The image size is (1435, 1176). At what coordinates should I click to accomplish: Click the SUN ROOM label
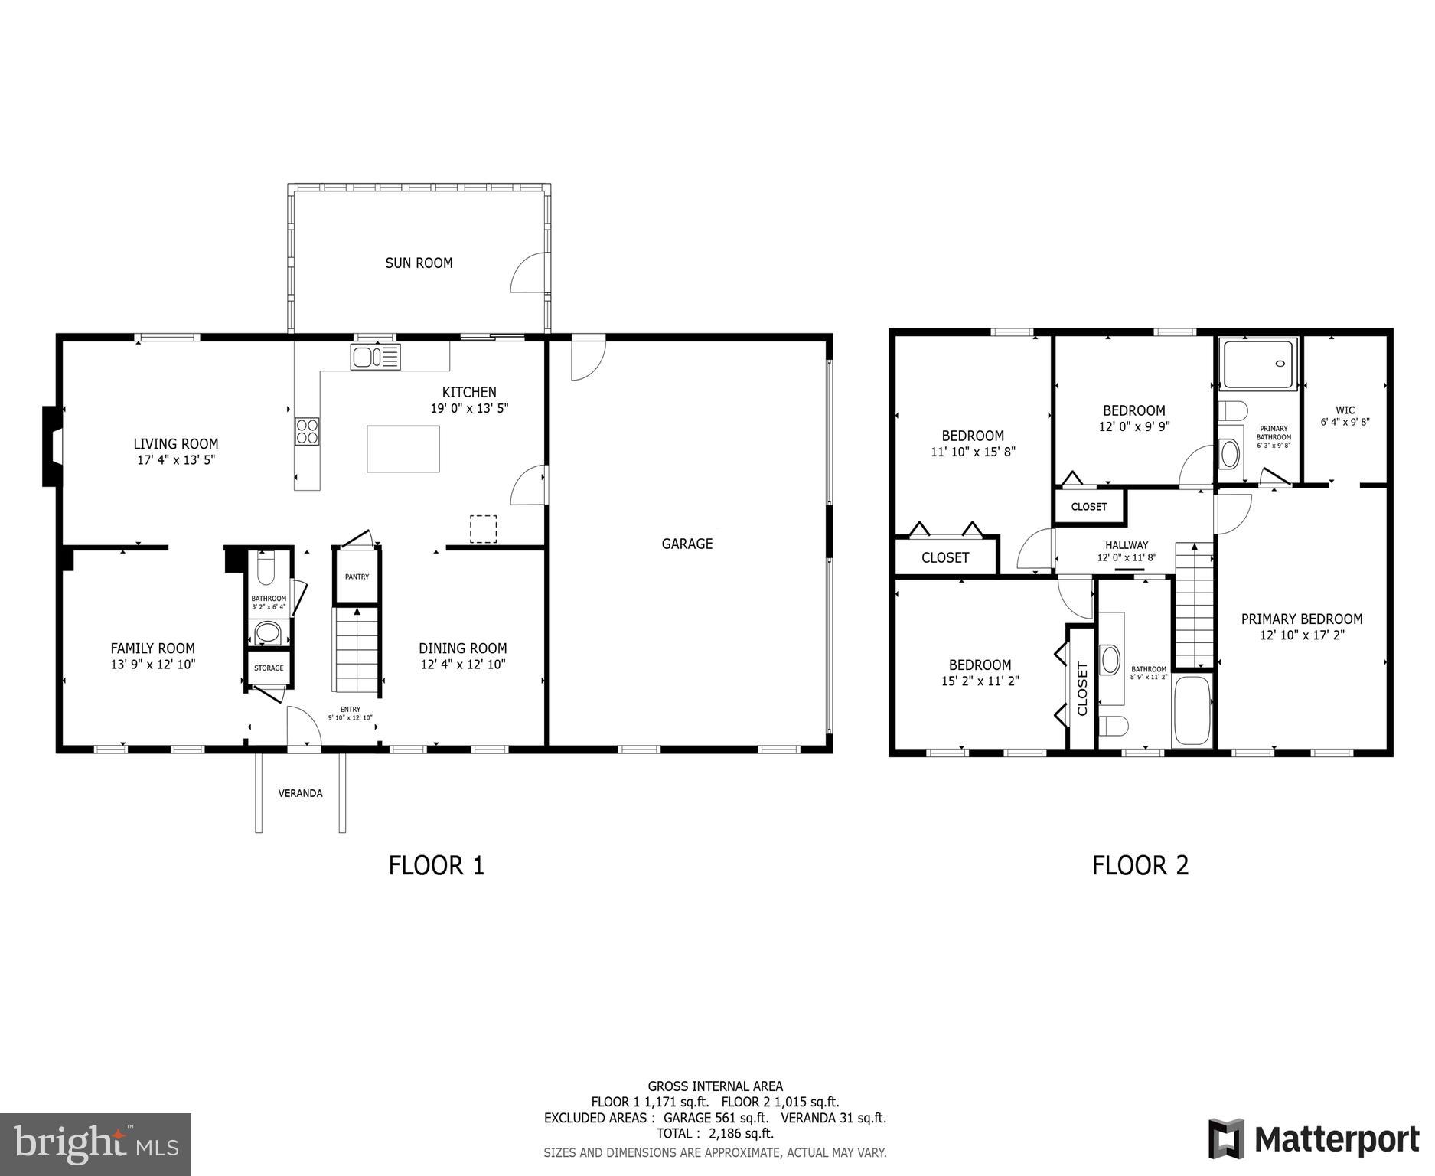(419, 263)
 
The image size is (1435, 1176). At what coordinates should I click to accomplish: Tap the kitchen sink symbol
(375, 357)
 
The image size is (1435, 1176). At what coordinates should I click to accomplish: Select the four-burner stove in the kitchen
(308, 431)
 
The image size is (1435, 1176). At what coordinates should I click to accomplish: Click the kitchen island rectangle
(403, 449)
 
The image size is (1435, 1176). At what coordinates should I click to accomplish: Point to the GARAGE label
(687, 544)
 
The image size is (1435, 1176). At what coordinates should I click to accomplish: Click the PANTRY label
(357, 577)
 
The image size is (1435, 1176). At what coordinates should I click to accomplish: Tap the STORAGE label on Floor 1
(269, 668)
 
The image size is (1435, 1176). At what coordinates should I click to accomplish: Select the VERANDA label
(300, 793)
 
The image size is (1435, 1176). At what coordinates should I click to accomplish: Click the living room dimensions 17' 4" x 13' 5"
(176, 460)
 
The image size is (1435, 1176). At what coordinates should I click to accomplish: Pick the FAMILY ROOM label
(153, 648)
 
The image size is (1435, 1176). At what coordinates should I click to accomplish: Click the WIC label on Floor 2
(1345, 410)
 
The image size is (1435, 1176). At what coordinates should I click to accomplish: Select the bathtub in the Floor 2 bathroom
(1192, 710)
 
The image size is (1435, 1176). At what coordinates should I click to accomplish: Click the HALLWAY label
(1127, 545)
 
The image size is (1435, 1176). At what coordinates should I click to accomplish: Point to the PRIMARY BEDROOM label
(1301, 619)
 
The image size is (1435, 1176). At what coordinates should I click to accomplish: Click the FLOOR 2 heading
(1140, 865)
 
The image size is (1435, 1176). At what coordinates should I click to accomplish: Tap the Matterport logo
(1313, 1139)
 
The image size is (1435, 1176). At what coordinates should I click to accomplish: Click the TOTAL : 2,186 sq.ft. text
(715, 1133)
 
